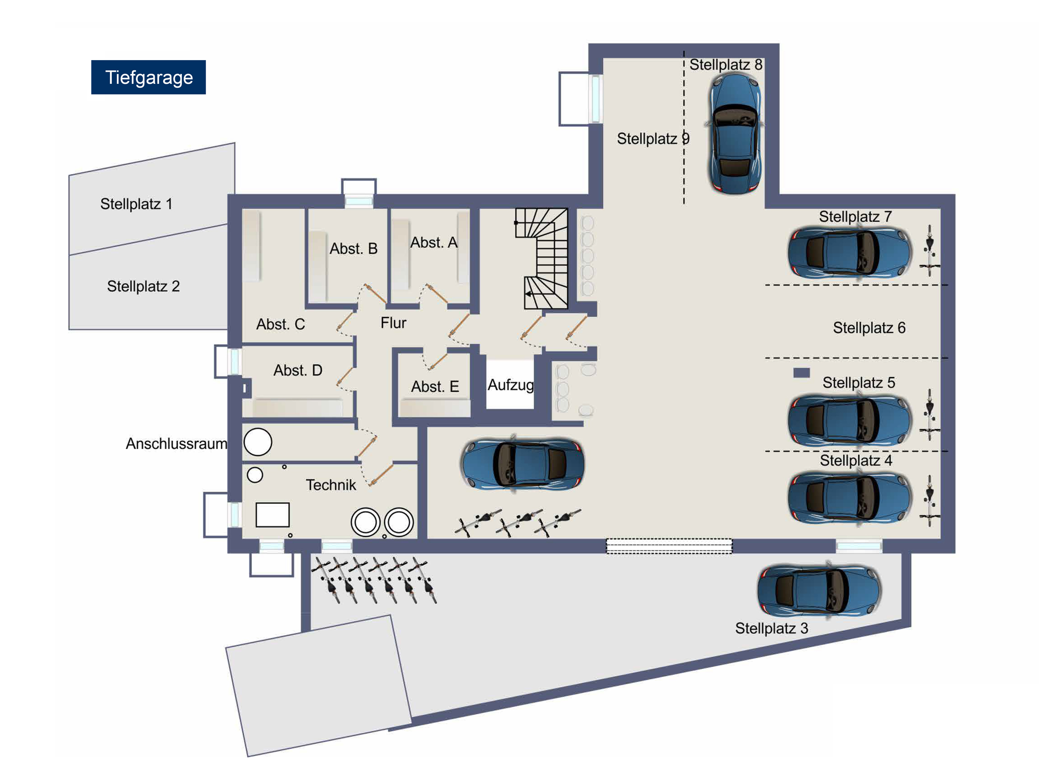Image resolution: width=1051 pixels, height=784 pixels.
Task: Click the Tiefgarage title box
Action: click(148, 77)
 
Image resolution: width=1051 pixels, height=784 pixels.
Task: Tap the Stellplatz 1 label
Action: click(136, 204)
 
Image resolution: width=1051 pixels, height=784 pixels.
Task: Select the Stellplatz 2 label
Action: click(143, 286)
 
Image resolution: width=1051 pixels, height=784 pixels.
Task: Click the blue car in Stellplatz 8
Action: click(735, 133)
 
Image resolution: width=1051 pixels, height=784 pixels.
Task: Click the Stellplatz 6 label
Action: click(869, 327)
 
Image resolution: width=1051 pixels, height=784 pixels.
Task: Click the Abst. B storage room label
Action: click(353, 248)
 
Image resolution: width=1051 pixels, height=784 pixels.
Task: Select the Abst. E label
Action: click(434, 386)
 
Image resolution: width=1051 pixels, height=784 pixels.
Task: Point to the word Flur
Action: click(393, 323)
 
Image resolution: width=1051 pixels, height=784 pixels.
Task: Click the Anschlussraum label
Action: click(176, 443)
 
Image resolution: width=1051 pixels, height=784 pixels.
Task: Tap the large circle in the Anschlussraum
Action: click(257, 441)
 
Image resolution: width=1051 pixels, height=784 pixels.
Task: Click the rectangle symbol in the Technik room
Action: click(272, 514)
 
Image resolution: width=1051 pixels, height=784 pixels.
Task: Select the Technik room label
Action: click(330, 484)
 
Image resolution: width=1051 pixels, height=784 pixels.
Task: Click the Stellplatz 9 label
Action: click(653, 138)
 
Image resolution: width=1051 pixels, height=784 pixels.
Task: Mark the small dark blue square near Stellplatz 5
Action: click(801, 373)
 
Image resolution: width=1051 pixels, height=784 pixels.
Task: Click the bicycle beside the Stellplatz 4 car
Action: click(929, 500)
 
